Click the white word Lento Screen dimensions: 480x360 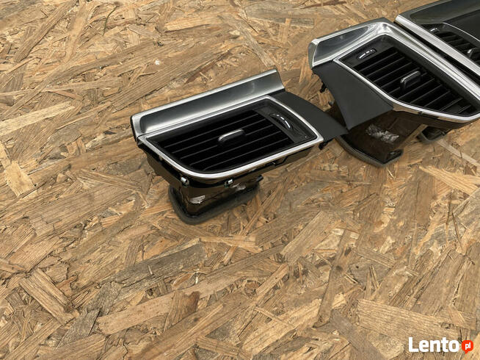point(434,345)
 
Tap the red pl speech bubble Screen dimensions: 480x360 point(468,346)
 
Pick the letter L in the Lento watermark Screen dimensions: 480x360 point(412,345)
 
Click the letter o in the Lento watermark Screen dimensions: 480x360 point(455,346)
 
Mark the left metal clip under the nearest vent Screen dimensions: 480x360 point(185,181)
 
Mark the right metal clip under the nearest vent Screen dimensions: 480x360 point(228,183)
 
